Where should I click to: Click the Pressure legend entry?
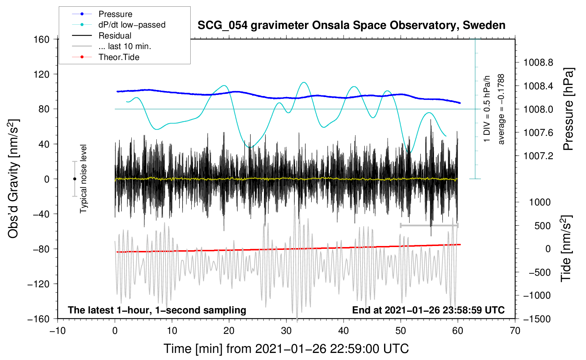pyautogui.click(x=115, y=14)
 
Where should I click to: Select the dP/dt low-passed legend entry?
pyautogui.click(x=132, y=25)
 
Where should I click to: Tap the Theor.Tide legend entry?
pyautogui.click(x=119, y=57)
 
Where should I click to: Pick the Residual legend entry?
pyautogui.click(x=115, y=36)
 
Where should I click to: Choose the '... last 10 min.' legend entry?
pyautogui.click(x=125, y=46)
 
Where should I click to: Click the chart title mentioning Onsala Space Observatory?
pyautogui.click(x=351, y=25)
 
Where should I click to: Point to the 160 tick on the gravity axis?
pyautogui.click(x=42, y=39)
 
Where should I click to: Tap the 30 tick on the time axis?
pyautogui.click(x=286, y=331)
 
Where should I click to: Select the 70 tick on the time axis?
pyautogui.click(x=515, y=331)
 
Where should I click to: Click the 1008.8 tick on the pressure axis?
pyautogui.click(x=538, y=63)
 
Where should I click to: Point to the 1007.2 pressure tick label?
pyautogui.click(x=538, y=156)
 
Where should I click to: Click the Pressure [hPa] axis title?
pyautogui.click(x=568, y=109)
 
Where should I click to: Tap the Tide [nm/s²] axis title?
pyautogui.click(x=566, y=248)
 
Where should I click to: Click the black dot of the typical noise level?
pyautogui.click(x=74, y=179)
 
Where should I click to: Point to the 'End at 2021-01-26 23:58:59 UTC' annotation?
pyautogui.click(x=428, y=310)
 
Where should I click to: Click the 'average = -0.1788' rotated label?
pyautogui.click(x=501, y=109)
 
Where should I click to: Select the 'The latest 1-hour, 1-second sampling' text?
pyautogui.click(x=157, y=310)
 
